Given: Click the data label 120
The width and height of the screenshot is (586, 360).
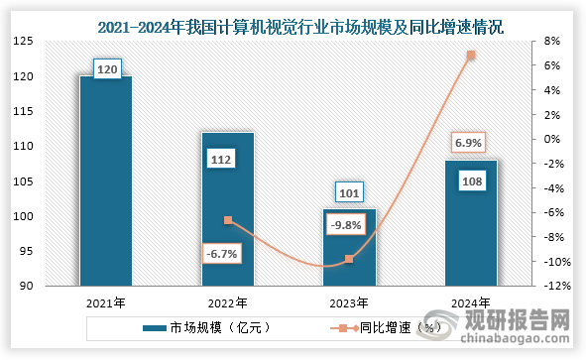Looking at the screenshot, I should pyautogui.click(x=106, y=68).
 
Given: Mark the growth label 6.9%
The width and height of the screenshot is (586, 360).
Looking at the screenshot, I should pyautogui.click(x=469, y=143).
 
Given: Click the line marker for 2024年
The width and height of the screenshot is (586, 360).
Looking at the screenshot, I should pyautogui.click(x=471, y=56).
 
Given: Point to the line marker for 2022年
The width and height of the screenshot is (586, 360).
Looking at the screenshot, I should pyautogui.click(x=228, y=220).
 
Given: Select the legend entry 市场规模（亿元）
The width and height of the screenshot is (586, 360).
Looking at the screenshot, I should pyautogui.click(x=206, y=325).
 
